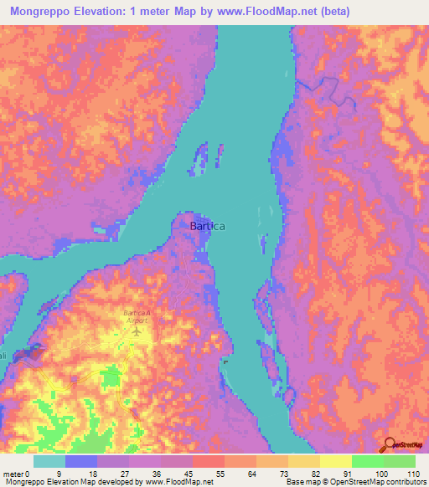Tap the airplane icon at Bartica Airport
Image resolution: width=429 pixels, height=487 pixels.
point(137,331)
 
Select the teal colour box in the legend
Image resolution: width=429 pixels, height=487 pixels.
point(49,461)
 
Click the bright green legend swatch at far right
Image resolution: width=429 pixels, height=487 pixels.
point(400,461)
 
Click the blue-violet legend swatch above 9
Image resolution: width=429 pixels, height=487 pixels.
point(81,461)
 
